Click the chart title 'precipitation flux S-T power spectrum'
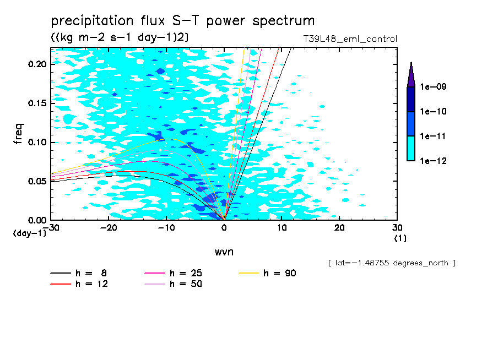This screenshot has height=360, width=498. (183, 21)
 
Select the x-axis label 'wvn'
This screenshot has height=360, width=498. (224, 252)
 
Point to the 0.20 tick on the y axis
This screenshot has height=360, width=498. (38, 64)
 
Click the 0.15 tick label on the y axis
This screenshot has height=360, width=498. (38, 103)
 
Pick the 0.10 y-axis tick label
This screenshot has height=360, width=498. (38, 143)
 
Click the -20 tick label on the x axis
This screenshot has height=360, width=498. (109, 228)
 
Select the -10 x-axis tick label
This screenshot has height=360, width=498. (166, 228)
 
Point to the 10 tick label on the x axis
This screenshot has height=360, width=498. (282, 228)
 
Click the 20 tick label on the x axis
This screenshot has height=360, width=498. (339, 228)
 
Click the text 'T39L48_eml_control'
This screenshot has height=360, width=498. (350, 39)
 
